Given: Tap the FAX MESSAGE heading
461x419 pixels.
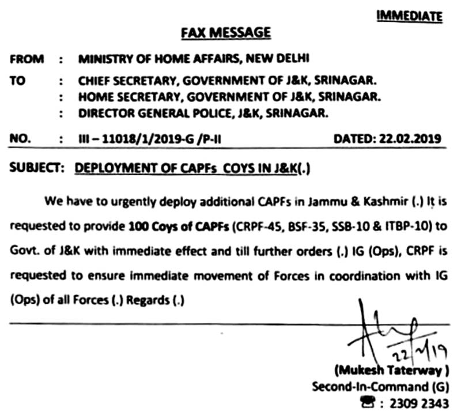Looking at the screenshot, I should (225, 33).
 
